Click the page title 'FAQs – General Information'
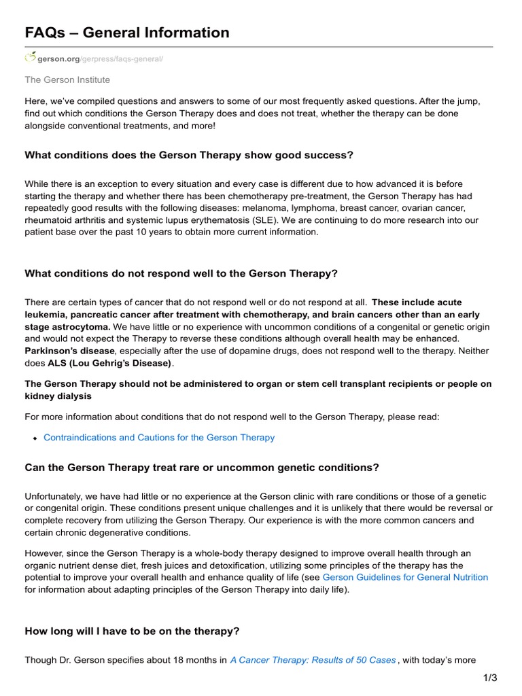[x=127, y=32]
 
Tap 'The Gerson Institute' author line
[x=67, y=80]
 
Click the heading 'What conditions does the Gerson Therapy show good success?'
[x=189, y=155]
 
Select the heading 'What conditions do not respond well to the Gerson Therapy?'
[x=181, y=273]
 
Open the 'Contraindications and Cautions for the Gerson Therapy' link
[x=159, y=437]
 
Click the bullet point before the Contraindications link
[x=35, y=438]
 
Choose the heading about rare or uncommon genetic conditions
[x=202, y=468]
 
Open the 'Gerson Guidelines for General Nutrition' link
[x=405, y=577]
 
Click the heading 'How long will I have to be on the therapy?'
[x=132, y=631]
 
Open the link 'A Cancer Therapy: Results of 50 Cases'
[x=313, y=659]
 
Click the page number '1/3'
[x=491, y=678]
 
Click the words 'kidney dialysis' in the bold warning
[x=58, y=396]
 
